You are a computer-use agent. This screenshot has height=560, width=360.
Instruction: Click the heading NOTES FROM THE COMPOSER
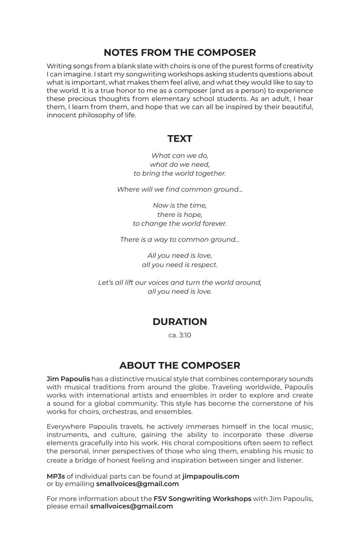point(180,53)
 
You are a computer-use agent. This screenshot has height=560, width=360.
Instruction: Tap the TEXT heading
point(180,138)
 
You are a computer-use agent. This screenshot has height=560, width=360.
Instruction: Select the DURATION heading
point(180,321)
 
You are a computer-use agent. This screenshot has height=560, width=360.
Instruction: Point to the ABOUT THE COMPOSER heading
point(180,365)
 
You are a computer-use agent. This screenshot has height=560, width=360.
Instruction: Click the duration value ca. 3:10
point(180,335)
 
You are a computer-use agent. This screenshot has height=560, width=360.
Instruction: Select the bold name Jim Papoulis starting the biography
point(68,379)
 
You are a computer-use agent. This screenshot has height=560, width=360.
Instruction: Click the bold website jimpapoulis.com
point(211,476)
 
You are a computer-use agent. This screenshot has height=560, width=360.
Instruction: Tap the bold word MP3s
point(56,476)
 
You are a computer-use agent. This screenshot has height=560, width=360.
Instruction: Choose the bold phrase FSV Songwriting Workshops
point(202,499)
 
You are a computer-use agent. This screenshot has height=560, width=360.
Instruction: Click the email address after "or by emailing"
point(137,484)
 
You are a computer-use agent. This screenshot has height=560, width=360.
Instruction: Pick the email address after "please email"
point(131,506)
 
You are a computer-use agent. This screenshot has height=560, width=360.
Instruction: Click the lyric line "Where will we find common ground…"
point(180,189)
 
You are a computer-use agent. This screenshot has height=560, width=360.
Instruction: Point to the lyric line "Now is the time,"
point(180,206)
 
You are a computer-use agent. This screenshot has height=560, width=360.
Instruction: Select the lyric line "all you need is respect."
point(180,265)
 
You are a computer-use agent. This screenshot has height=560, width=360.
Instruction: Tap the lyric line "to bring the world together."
point(180,173)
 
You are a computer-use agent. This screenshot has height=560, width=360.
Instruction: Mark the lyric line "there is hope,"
point(180,215)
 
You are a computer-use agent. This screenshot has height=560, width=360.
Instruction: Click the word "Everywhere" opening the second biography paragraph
point(66,427)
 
